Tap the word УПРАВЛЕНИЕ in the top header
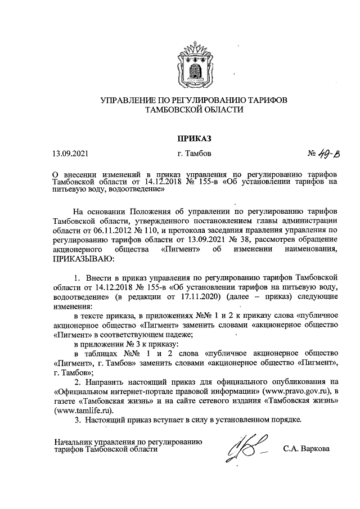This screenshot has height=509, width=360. coord(124,101)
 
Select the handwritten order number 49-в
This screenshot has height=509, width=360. coord(325,154)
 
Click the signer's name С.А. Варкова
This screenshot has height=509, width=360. coord(307,449)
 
